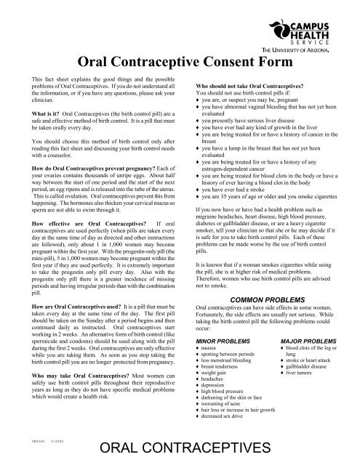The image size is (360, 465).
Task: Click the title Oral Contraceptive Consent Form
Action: (185, 64)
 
